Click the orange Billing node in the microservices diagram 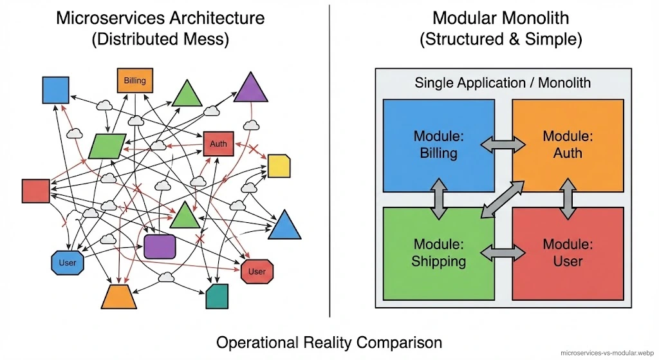click(x=135, y=81)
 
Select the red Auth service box click(x=218, y=144)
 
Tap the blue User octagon click(x=67, y=262)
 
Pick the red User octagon click(x=257, y=271)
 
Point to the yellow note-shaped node click(x=279, y=166)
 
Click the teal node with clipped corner click(x=217, y=297)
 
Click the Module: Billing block click(x=439, y=145)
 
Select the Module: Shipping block click(x=439, y=253)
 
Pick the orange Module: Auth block click(x=568, y=145)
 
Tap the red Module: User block click(x=568, y=253)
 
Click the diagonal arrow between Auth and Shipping click(x=503, y=200)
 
